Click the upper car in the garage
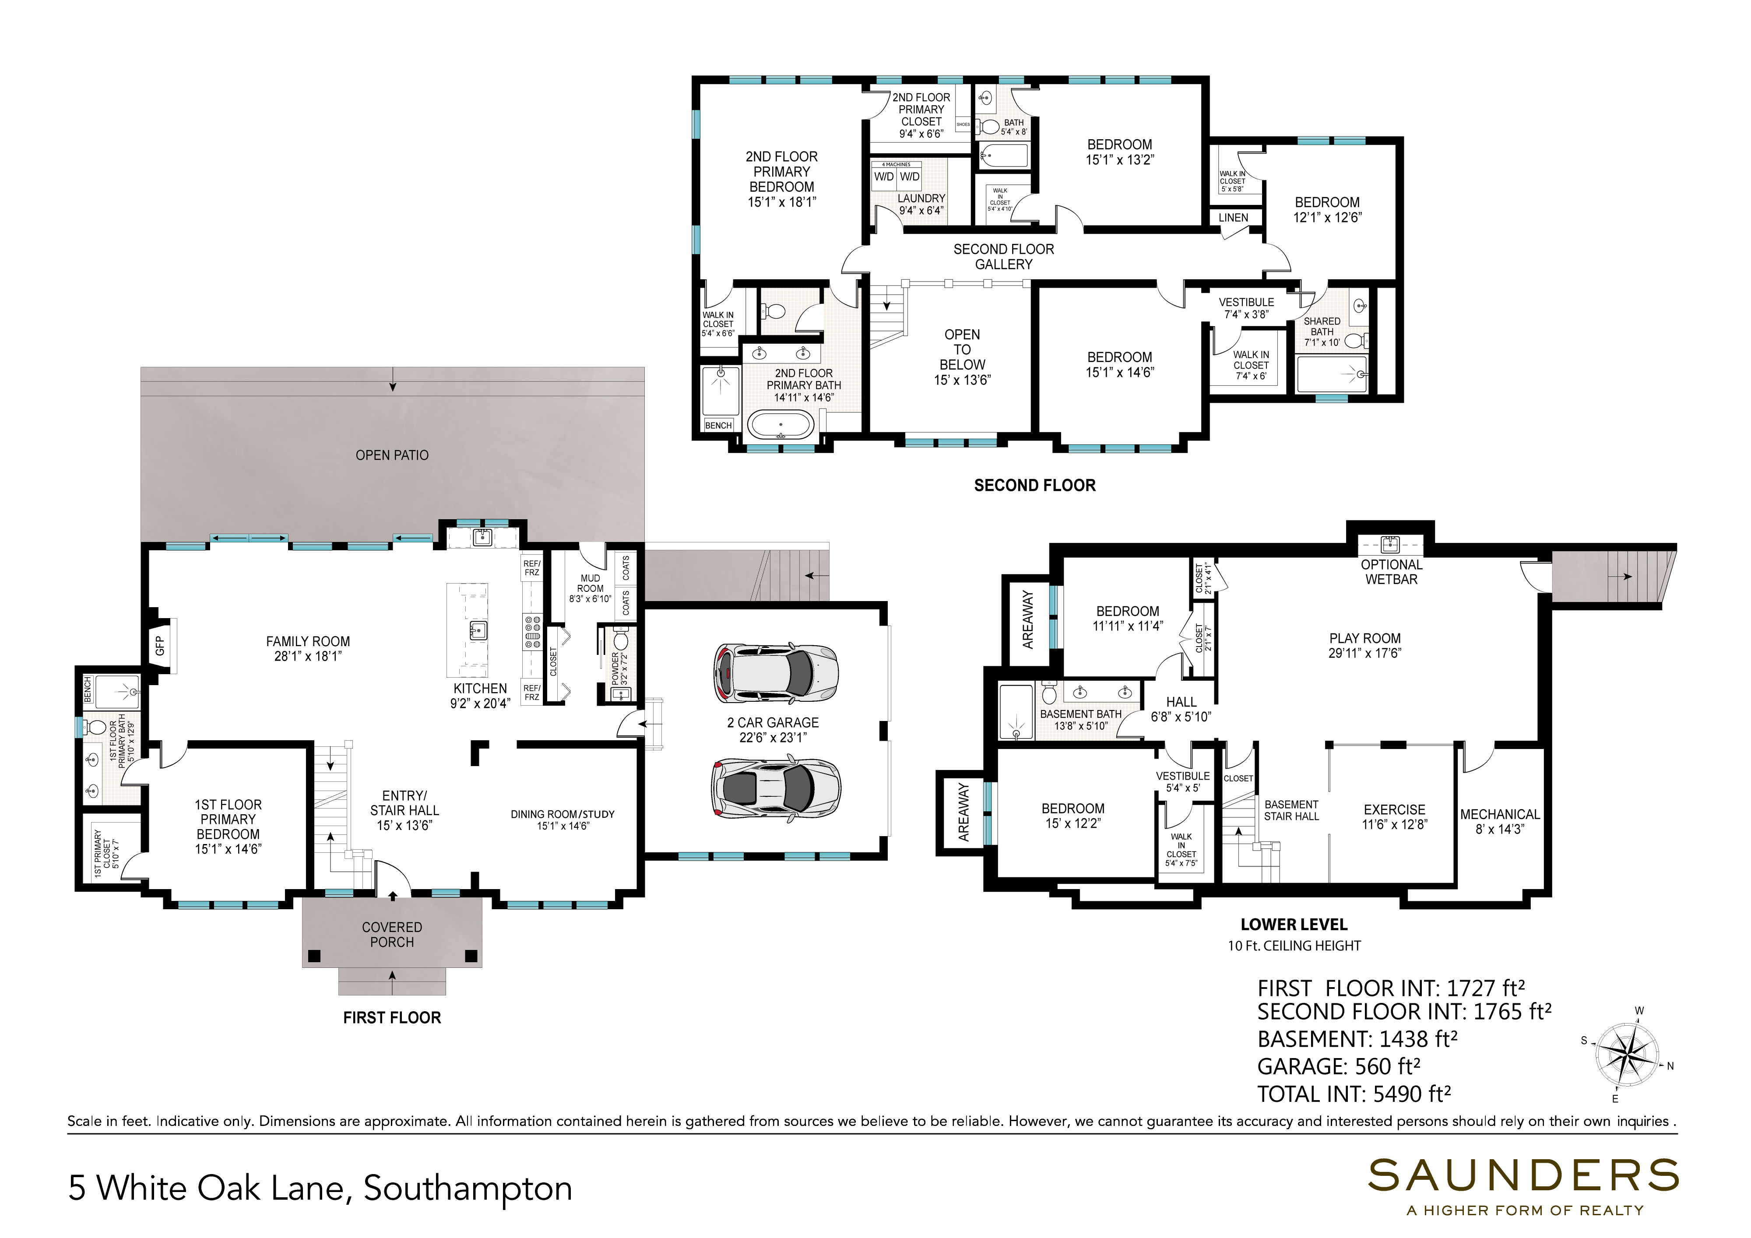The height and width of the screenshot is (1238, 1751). [776, 673]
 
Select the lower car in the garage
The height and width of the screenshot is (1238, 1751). [776, 786]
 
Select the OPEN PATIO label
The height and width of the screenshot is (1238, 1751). [392, 455]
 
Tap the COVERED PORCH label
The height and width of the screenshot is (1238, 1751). [392, 935]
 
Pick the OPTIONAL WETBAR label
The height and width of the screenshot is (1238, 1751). [1392, 572]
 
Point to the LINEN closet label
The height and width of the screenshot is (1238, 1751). [1233, 218]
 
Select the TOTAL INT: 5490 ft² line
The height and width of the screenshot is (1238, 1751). [1354, 1094]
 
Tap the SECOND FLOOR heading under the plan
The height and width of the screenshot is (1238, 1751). [1035, 485]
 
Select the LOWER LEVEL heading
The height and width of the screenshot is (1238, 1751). [1294, 925]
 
